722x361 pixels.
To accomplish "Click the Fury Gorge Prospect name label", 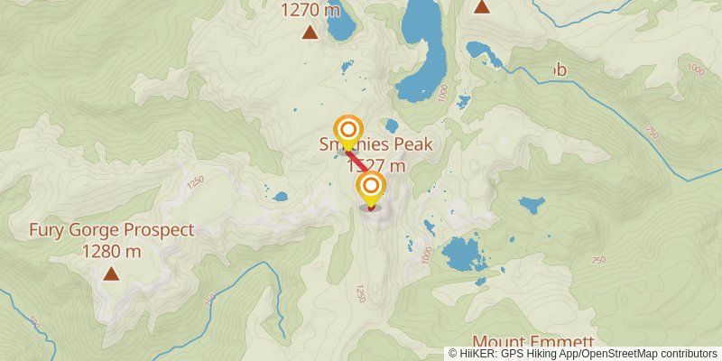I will pyautogui.click(x=111, y=230).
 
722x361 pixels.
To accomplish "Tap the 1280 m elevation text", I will pyautogui.click(x=111, y=251).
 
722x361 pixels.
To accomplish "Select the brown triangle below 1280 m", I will pyautogui.click(x=111, y=273).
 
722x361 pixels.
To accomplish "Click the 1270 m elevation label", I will pyautogui.click(x=310, y=11).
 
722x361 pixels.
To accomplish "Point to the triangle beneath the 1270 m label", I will pyautogui.click(x=310, y=33).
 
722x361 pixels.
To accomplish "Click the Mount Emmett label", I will pyautogui.click(x=533, y=342).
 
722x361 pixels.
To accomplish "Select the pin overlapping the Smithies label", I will pyautogui.click(x=347, y=131).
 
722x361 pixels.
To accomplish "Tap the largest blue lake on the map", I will pyautogui.click(x=424, y=50).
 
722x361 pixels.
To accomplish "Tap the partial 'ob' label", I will pyautogui.click(x=559, y=69).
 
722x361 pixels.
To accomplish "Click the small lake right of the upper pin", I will pyautogui.click(x=390, y=125).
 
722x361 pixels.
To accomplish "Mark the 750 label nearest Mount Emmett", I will pyautogui.click(x=596, y=260).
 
